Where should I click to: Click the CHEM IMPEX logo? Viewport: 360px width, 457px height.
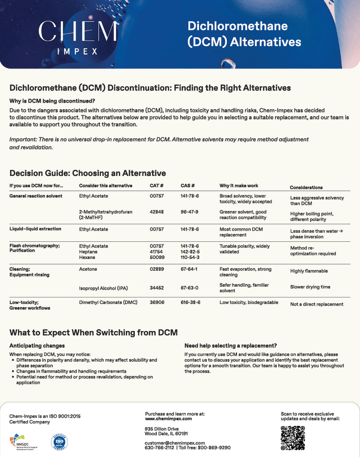click(x=71, y=37)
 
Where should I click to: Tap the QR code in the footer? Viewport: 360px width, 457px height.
click(x=293, y=438)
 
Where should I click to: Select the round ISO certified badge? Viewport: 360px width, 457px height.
click(x=59, y=442)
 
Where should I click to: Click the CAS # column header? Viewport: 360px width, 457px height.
click(x=187, y=186)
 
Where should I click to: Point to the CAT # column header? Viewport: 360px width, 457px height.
click(x=156, y=186)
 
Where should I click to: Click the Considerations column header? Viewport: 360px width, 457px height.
click(x=306, y=188)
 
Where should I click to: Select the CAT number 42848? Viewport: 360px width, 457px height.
click(x=156, y=212)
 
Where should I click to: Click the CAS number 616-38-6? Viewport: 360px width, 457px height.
click(x=190, y=303)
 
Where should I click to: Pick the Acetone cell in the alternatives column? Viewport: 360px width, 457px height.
click(x=88, y=269)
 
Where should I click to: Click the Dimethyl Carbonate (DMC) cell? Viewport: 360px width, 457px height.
click(x=108, y=303)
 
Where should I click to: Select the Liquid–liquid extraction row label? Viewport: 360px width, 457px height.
click(x=35, y=229)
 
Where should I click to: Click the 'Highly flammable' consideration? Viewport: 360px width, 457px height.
click(x=309, y=271)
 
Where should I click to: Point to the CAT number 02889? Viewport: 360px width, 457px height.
click(x=156, y=269)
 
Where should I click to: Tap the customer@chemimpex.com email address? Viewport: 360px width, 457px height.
click(x=174, y=443)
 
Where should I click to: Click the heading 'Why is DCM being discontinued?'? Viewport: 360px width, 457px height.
click(x=52, y=100)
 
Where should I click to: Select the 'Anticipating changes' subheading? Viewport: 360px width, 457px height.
click(x=37, y=346)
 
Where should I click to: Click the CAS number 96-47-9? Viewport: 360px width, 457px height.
click(x=189, y=212)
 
